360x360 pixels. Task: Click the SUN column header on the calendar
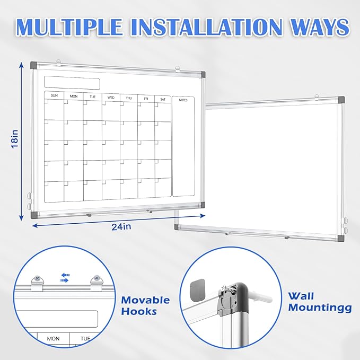(x=54, y=96)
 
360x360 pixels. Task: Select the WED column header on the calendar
(x=111, y=98)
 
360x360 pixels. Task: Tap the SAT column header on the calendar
(x=162, y=99)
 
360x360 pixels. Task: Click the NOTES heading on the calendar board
(x=183, y=100)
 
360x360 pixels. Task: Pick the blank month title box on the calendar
(x=72, y=83)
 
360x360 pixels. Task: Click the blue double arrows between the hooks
(x=65, y=278)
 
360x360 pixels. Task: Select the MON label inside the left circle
(x=53, y=338)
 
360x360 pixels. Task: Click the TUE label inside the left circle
(x=85, y=338)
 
